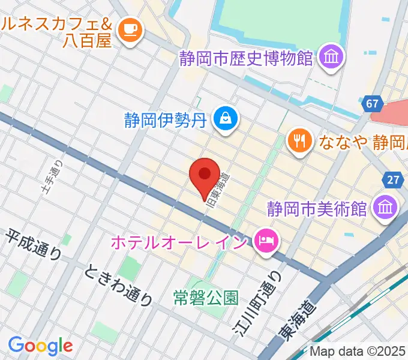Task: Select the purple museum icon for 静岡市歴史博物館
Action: pos(331,58)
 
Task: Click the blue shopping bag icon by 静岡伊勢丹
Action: pos(227,118)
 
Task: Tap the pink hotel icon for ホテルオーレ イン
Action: pos(265,242)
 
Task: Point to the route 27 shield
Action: pos(393,180)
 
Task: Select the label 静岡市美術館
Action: pos(317,209)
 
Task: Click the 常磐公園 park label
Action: pos(206,296)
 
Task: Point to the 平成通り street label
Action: pos(34,245)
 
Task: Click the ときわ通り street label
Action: pos(118,285)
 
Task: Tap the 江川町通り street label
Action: pos(257,302)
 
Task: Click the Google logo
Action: pos(40,346)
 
